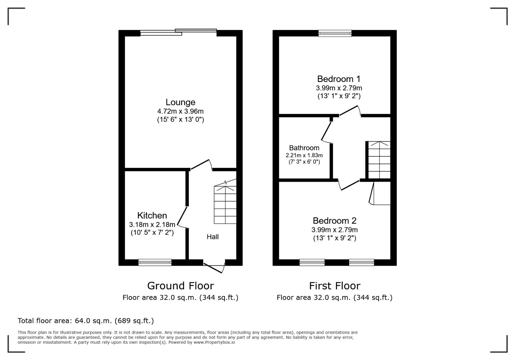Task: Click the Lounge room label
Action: click(x=180, y=102)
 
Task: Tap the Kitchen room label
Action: click(x=152, y=216)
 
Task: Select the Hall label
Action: click(x=212, y=237)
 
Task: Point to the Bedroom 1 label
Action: click(x=339, y=79)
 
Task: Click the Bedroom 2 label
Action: click(x=335, y=221)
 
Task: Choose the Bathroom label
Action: click(x=304, y=148)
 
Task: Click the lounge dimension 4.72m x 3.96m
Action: click(x=180, y=111)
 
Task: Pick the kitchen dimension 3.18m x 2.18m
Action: click(x=152, y=225)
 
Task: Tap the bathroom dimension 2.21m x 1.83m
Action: click(x=304, y=155)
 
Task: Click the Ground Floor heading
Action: click(x=180, y=286)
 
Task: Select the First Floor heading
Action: click(x=335, y=286)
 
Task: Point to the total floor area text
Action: click(x=86, y=321)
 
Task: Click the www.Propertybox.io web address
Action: click(x=214, y=342)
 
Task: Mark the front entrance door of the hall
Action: click(x=214, y=267)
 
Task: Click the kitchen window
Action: click(x=155, y=262)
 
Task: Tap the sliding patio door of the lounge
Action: click(x=178, y=32)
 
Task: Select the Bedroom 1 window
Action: click(x=335, y=33)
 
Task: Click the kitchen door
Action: click(x=182, y=217)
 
